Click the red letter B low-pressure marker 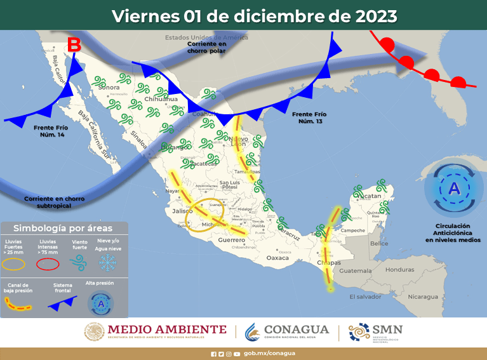(x=74, y=46)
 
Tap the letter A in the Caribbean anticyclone (x=454, y=189)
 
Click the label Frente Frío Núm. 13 (x=310, y=117)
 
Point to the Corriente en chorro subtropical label (x=55, y=202)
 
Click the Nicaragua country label (x=422, y=297)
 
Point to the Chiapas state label (x=328, y=263)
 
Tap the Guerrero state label (x=231, y=240)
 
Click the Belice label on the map (x=379, y=243)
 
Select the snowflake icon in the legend (x=107, y=262)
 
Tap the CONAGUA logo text (x=297, y=330)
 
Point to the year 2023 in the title (x=379, y=16)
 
